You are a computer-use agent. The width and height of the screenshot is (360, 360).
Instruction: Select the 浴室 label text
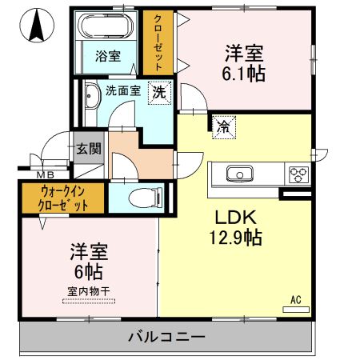tap(108, 57)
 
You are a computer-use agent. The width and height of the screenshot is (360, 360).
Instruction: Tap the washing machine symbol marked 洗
tap(159, 92)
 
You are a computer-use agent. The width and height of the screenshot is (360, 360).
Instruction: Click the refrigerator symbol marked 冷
tap(223, 126)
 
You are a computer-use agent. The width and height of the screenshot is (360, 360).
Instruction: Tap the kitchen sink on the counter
tap(239, 174)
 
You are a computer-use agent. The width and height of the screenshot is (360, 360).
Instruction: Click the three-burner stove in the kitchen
tap(298, 174)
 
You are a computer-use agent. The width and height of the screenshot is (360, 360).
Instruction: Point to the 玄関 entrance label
tap(88, 148)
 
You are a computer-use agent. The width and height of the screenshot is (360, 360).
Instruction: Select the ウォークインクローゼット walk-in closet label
tap(61, 198)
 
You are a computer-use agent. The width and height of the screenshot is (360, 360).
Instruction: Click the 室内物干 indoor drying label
tap(88, 292)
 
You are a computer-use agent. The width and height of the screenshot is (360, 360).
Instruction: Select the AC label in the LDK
tap(295, 300)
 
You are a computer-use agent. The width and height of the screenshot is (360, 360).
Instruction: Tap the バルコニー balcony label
tap(166, 337)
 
